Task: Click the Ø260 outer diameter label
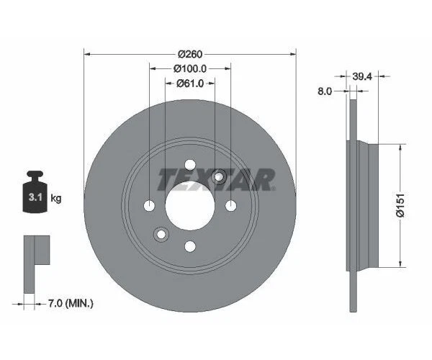point(190,53)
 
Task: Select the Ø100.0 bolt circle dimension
point(190,68)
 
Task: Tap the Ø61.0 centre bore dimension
point(190,84)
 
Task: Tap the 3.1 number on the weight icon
point(33,197)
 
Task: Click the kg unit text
point(55,197)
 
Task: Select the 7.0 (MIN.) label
point(70,305)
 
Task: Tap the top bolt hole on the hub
point(190,165)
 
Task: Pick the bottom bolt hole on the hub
point(190,247)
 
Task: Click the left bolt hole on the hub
point(149,206)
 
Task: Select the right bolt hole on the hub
point(231,206)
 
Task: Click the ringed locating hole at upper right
point(220,178)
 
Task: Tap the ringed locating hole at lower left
point(161,233)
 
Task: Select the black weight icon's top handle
point(33,176)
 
